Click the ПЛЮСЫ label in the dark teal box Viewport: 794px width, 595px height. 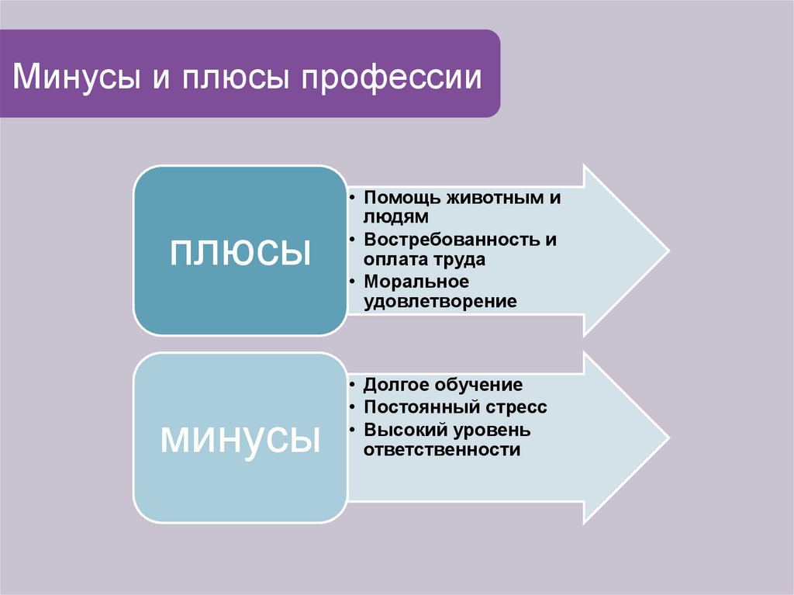pyautogui.click(x=240, y=251)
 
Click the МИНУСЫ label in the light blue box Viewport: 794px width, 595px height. pyautogui.click(x=240, y=438)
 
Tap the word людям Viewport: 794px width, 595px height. pyautogui.click(x=395, y=218)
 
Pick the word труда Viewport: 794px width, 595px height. pyautogui.click(x=458, y=260)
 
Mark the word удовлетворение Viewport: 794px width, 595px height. pyautogui.click(x=440, y=301)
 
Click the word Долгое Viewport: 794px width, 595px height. pyautogui.click(x=396, y=385)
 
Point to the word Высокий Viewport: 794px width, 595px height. pyautogui.click(x=402, y=429)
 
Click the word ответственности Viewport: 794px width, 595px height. pyautogui.click(x=442, y=450)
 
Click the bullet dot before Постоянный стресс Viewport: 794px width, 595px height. pyautogui.click(x=353, y=406)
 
